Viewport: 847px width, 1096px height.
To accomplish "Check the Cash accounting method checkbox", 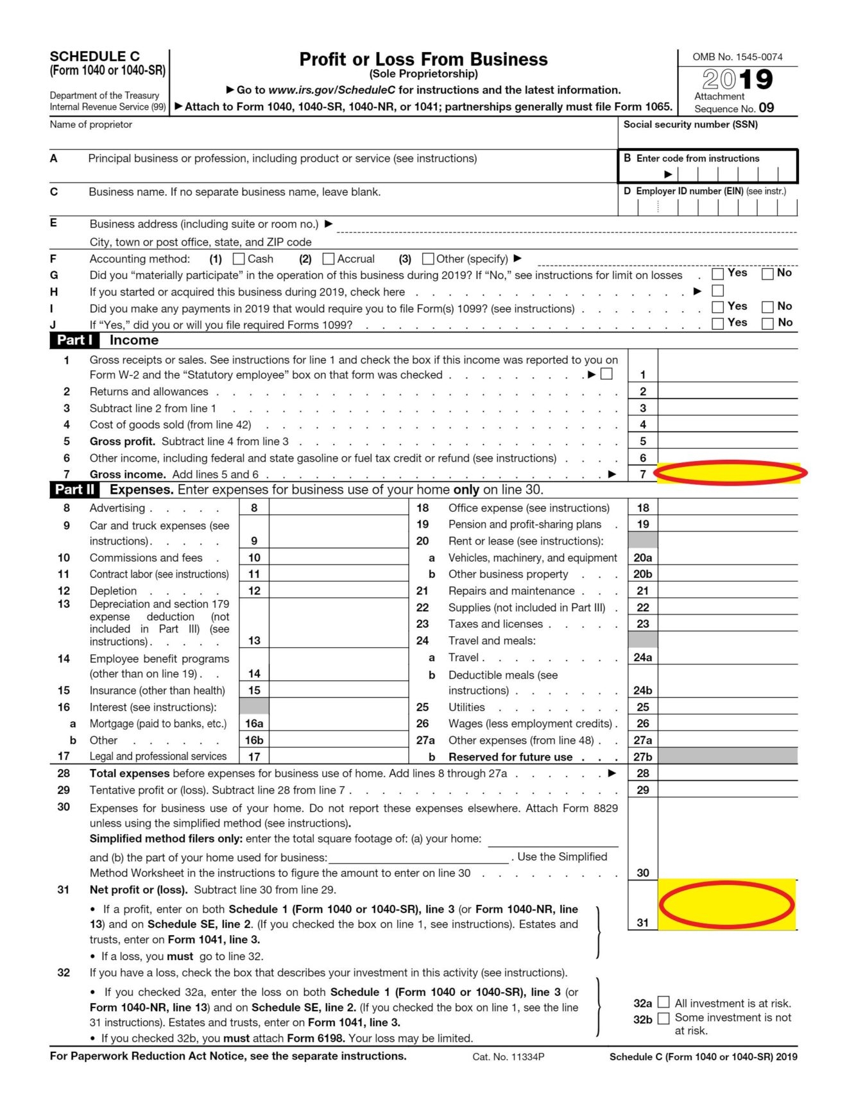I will (239, 258).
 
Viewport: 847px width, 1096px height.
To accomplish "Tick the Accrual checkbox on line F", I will (329, 258).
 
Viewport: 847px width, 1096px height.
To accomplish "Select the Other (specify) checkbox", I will (428, 258).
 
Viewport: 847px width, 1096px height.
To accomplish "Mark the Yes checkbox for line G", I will (718, 274).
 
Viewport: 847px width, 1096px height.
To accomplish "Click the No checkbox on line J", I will (767, 323).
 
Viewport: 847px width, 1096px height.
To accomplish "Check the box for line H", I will (718, 291).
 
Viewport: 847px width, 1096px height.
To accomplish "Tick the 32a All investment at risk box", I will (664, 1002).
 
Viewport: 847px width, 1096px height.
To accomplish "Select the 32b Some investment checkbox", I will (664, 1018).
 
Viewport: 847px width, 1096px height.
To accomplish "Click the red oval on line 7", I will (730, 473).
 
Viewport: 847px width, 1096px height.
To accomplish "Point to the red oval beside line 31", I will (727, 904).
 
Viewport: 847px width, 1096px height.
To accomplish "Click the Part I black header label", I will (74, 341).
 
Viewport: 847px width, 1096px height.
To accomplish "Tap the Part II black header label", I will (74, 490).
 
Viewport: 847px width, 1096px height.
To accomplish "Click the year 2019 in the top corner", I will (737, 80).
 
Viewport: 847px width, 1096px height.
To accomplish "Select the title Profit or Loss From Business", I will (424, 60).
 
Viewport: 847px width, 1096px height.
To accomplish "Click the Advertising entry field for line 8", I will (338, 508).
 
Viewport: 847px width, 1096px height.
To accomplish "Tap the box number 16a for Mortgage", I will (254, 723).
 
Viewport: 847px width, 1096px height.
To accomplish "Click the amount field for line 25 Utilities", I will (728, 707).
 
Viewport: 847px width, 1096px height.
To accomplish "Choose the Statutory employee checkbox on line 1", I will (606, 374).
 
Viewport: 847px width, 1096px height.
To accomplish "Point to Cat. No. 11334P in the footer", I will (508, 1057).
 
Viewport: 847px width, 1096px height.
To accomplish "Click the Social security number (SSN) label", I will (690, 124).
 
